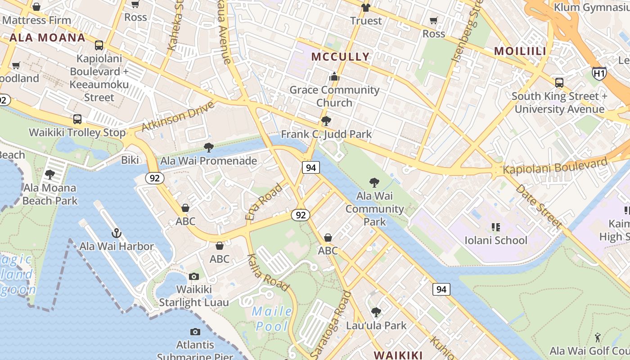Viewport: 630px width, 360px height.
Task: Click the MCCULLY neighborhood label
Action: tap(340, 57)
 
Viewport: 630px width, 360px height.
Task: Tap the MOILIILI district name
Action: tap(520, 51)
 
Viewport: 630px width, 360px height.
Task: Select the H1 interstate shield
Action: tap(599, 73)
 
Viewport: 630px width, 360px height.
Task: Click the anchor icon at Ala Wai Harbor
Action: tap(117, 233)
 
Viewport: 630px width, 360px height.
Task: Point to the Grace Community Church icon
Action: tap(334, 77)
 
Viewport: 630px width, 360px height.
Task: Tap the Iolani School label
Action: tap(496, 240)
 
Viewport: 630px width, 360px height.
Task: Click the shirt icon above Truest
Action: tap(365, 8)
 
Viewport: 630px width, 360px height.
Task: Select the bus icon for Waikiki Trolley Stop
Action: tap(77, 119)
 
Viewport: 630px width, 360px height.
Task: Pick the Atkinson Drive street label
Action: tap(178, 117)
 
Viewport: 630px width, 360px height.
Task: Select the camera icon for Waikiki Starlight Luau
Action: tap(194, 276)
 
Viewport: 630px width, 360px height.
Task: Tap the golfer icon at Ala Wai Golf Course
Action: tap(598, 337)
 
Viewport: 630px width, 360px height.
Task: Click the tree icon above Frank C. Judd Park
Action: tap(326, 121)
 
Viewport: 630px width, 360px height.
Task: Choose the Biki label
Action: tap(130, 160)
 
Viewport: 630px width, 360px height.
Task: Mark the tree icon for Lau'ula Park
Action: tap(376, 312)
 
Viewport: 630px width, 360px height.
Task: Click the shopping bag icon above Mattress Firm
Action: tap(36, 7)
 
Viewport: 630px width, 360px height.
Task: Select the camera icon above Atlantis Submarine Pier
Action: tap(195, 332)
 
